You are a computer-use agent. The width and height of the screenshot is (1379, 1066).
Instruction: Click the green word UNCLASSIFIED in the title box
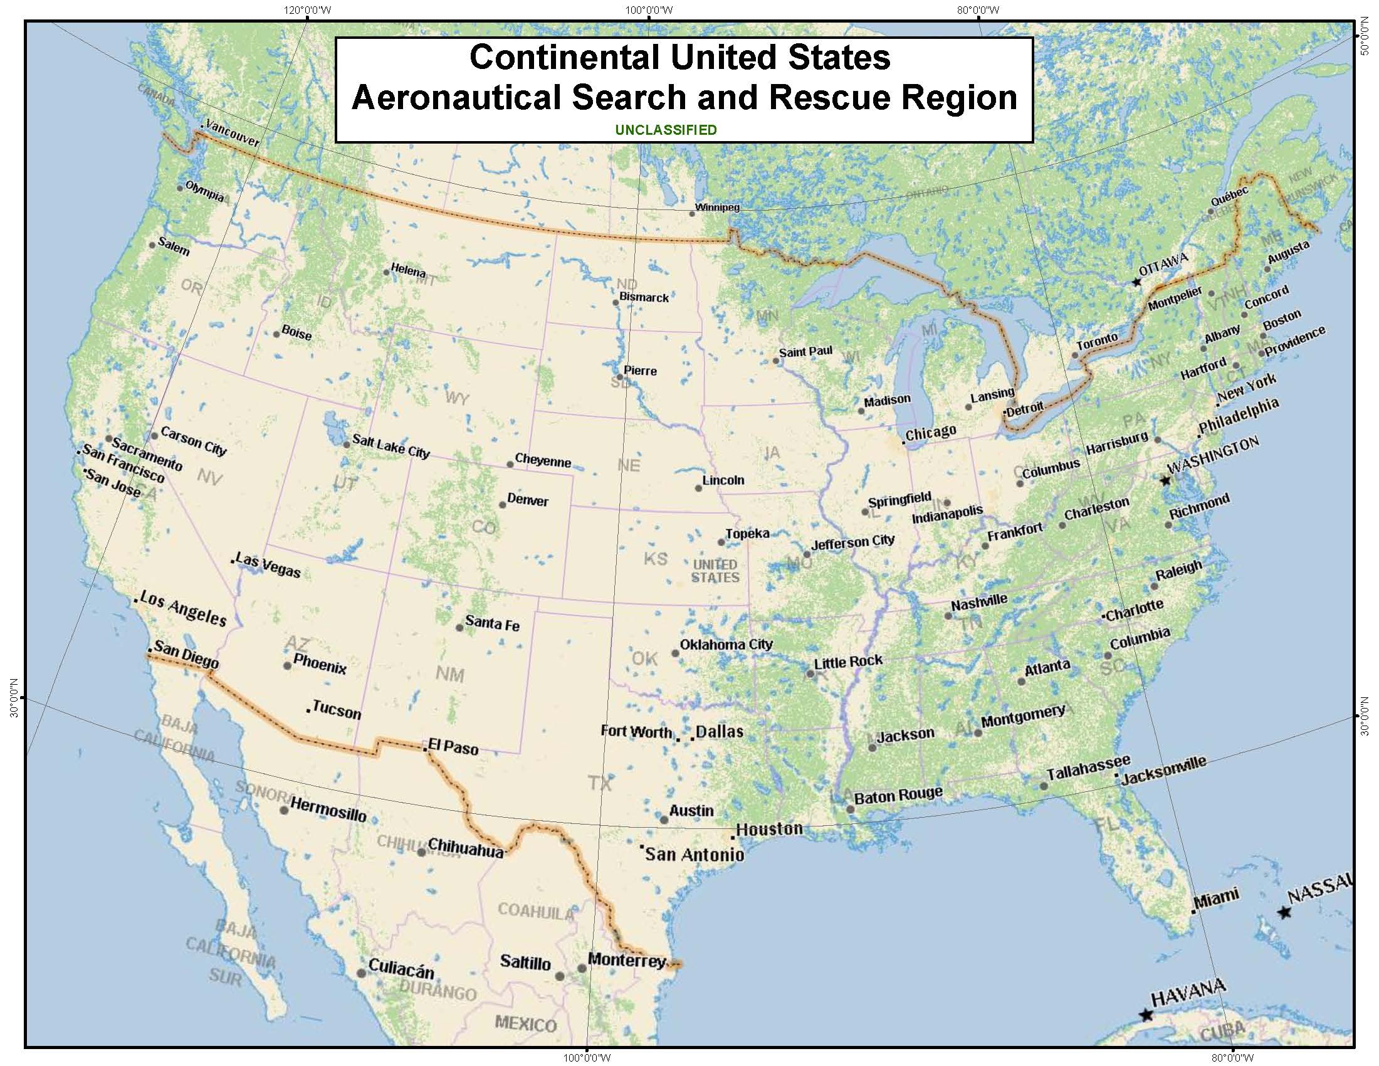click(x=666, y=130)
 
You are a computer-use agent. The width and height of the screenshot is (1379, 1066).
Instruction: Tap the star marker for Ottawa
click(x=1136, y=282)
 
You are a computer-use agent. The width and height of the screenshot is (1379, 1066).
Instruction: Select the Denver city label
click(x=528, y=501)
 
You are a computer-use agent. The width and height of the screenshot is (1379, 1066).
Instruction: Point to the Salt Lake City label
click(x=391, y=446)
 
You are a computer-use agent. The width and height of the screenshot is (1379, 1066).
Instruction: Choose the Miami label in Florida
click(x=1217, y=897)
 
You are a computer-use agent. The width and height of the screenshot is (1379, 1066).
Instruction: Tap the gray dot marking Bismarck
click(x=616, y=302)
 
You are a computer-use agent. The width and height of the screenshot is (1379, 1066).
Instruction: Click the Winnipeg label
click(x=716, y=207)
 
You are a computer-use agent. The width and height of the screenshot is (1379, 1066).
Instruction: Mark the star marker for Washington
click(x=1166, y=480)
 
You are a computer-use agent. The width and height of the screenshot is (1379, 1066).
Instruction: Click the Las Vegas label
click(x=268, y=565)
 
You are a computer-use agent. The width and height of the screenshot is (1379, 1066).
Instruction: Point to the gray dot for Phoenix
click(x=288, y=665)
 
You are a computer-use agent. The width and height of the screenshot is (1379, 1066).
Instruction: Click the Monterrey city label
click(x=626, y=960)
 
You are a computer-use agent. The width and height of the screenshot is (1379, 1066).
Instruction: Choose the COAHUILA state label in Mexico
click(x=536, y=910)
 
